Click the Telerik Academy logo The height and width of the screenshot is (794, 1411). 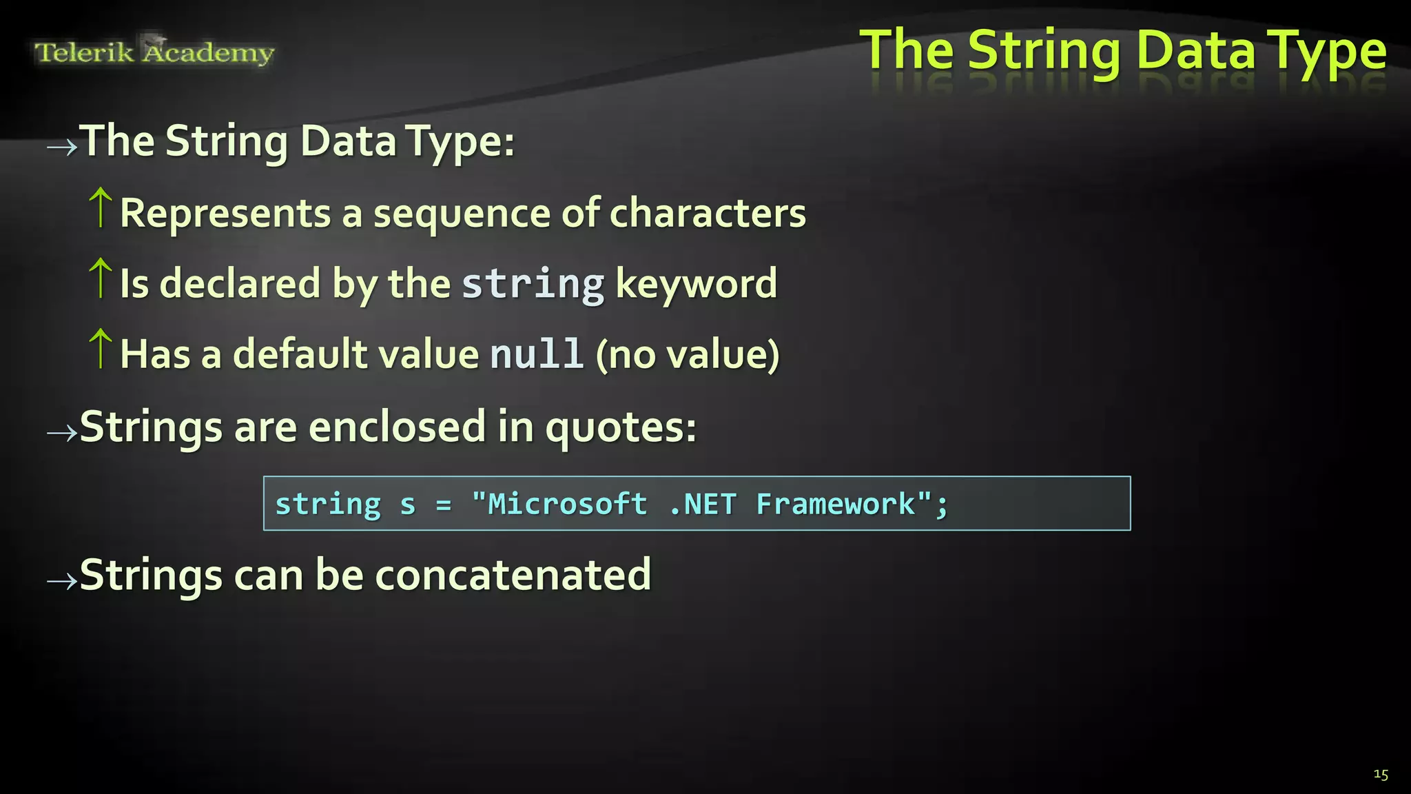[154, 52]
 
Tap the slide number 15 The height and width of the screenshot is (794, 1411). [1381, 774]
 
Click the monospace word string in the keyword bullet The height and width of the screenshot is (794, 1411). [533, 283]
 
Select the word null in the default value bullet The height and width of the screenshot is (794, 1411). [537, 354]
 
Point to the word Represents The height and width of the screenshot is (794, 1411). [225, 213]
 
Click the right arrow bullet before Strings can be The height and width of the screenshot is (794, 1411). [62, 581]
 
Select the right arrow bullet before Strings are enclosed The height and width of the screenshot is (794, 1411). [62, 433]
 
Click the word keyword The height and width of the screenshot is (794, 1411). [696, 283]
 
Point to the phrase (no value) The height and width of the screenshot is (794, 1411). [688, 354]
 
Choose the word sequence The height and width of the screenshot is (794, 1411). [462, 213]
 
